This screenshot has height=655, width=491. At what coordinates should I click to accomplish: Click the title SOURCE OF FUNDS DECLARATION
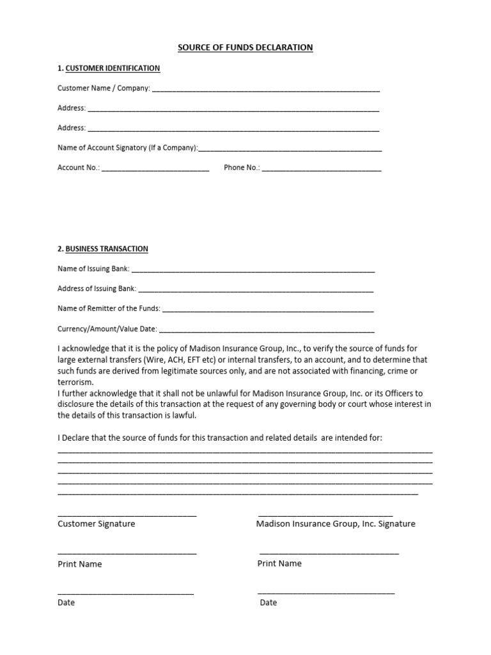pos(245,47)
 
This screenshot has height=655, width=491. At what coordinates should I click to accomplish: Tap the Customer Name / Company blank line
pos(265,90)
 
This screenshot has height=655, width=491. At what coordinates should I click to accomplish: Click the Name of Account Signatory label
pos(127,148)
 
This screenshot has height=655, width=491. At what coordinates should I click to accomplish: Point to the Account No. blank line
pos(155,170)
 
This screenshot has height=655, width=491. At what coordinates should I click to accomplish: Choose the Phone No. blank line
pos(322,170)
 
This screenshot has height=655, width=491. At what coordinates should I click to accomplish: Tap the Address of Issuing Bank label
pos(97,288)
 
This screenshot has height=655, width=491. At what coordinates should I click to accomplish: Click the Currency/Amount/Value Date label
pos(107,329)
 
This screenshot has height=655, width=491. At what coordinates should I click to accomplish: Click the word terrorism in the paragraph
pos(75,381)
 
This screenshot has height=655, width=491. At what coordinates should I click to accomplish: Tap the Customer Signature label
pos(97,524)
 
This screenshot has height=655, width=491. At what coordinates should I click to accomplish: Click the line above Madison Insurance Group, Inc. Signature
pos(325,515)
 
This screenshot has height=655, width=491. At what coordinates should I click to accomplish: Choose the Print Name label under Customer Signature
pos(80,564)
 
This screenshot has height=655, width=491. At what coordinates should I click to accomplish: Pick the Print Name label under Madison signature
pos(279,564)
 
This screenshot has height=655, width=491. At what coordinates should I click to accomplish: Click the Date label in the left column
pos(66,603)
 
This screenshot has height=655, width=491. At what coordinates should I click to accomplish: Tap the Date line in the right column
pos(326,594)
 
